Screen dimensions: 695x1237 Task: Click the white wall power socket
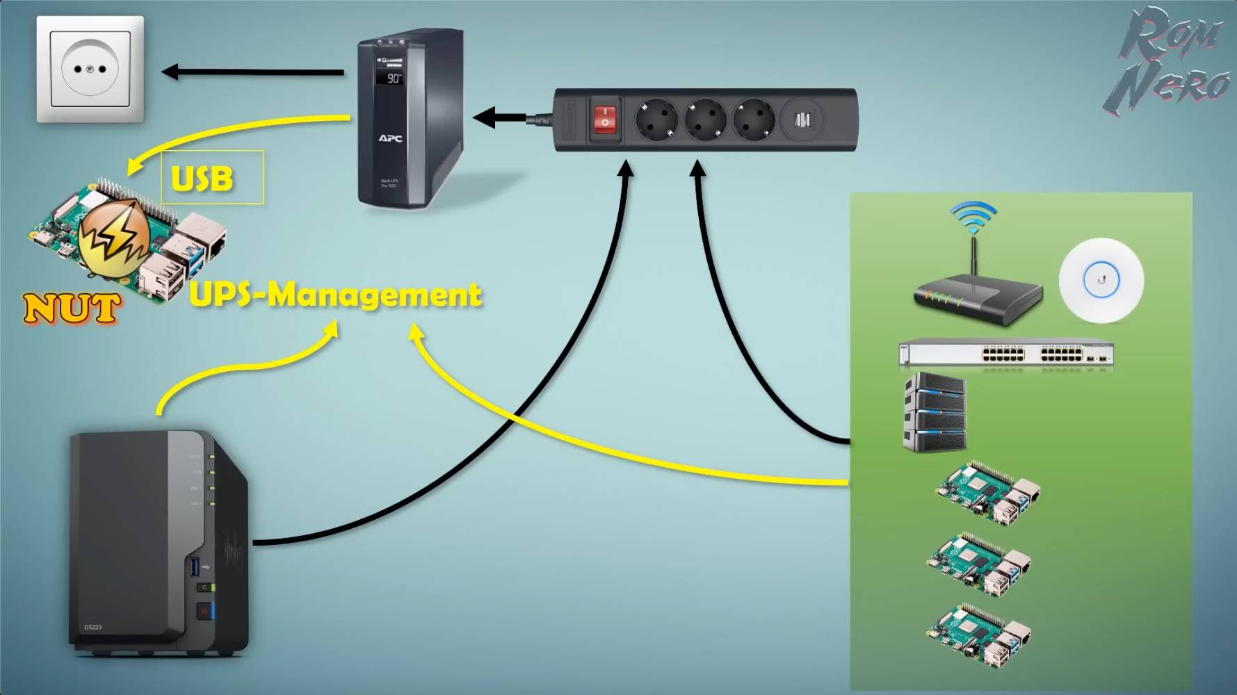coord(90,69)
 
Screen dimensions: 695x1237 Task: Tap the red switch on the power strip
coord(605,120)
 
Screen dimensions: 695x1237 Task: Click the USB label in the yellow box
coord(202,179)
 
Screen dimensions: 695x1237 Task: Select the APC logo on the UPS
coord(390,138)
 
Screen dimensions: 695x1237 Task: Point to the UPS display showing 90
coord(392,78)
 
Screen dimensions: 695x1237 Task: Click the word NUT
coord(70,309)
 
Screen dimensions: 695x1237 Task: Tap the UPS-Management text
coord(335,295)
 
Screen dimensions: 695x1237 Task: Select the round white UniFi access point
coord(1101,280)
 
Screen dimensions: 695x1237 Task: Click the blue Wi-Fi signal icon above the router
coord(973,216)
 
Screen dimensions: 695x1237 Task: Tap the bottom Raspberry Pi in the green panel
coord(979,633)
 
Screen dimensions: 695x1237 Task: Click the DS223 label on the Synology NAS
coord(93,627)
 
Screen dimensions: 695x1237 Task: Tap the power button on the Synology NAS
coord(204,612)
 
